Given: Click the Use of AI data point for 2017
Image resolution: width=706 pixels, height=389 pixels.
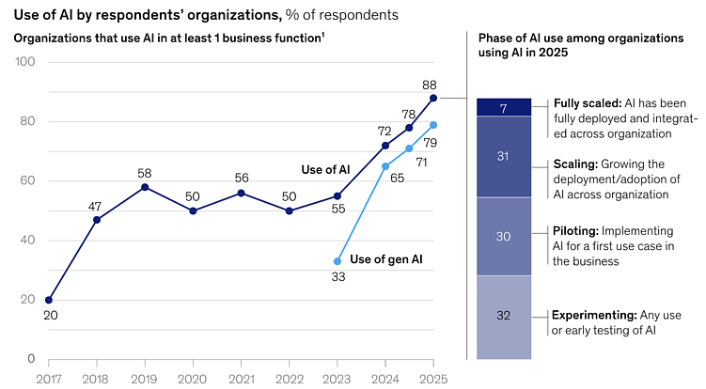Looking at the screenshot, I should (49, 300).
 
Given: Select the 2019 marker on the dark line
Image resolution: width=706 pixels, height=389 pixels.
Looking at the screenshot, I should (145, 187).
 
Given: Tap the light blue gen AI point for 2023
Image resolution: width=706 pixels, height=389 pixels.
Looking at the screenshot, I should (337, 261).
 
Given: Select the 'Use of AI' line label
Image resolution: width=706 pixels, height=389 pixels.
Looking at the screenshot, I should (325, 170).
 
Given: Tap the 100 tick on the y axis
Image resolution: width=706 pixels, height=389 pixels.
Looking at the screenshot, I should (25, 62).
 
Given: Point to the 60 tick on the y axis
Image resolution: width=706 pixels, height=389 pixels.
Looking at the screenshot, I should (28, 180).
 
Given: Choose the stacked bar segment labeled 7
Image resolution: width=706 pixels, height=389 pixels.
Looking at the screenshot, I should (503, 107).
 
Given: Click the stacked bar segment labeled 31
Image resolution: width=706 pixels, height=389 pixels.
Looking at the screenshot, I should (503, 156).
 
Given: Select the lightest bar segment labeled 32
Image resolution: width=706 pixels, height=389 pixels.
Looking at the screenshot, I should (503, 317).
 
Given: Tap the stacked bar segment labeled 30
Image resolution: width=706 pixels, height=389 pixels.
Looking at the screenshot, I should (503, 237).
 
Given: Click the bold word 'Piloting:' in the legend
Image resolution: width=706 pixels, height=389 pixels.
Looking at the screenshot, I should (575, 230).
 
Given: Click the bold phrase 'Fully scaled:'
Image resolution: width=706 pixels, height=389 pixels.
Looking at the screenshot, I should (588, 102).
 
